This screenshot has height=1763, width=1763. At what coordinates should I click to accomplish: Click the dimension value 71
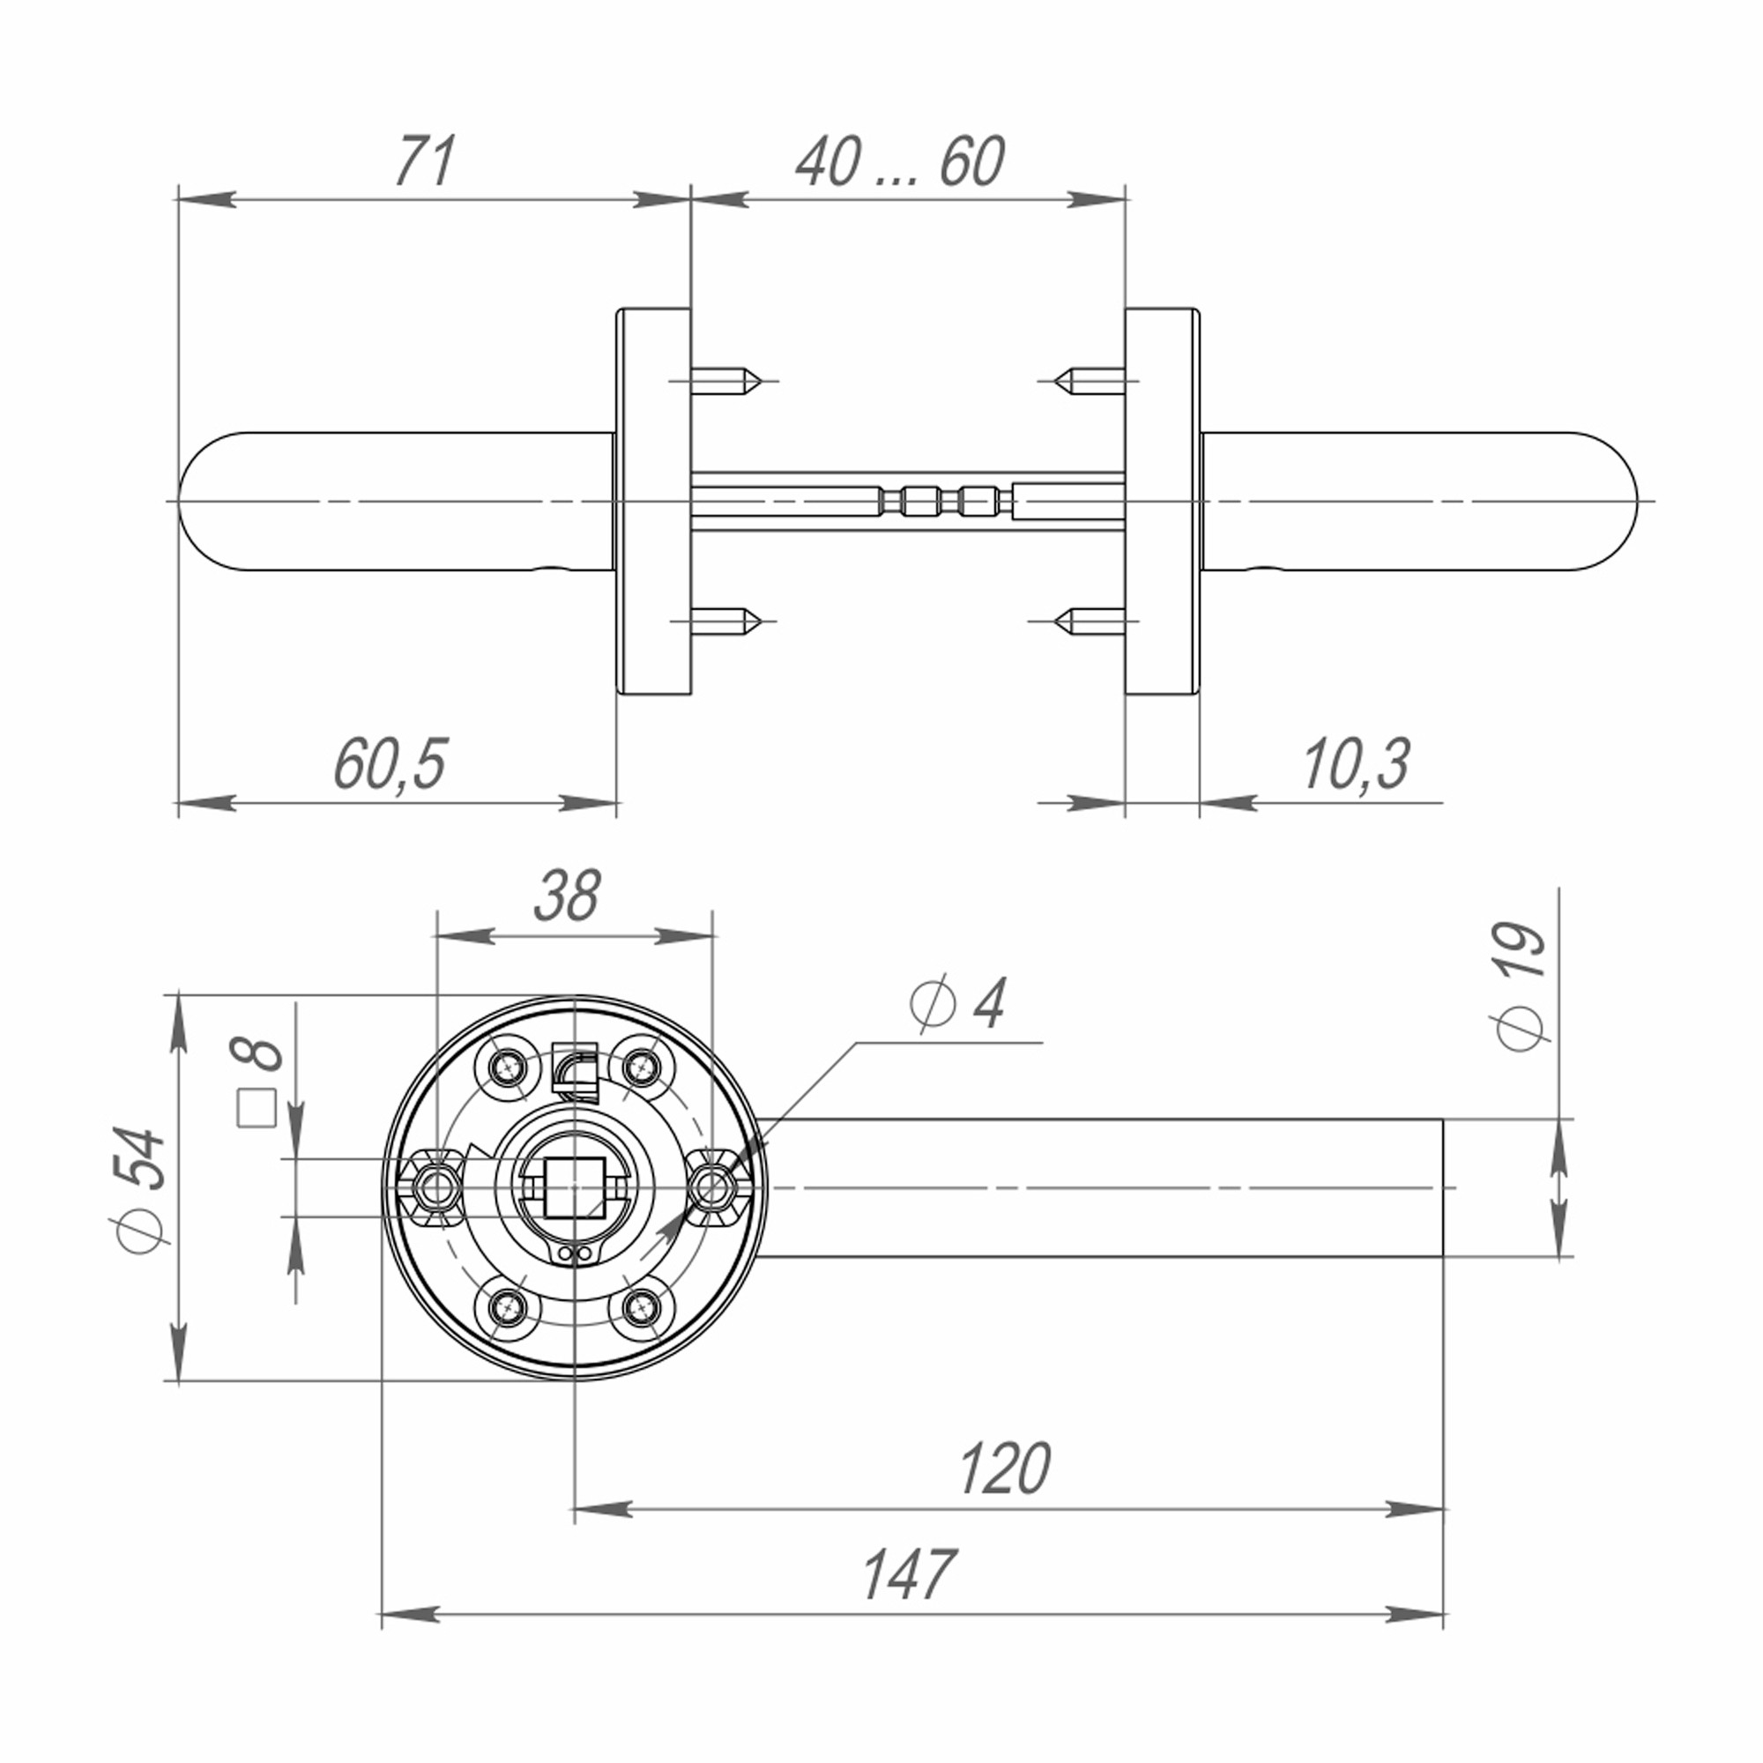(425, 162)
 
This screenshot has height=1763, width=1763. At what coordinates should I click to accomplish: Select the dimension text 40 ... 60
(900, 162)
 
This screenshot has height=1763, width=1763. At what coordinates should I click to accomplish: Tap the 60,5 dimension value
(390, 763)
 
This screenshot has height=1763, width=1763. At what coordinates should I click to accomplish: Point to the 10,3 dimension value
(1356, 763)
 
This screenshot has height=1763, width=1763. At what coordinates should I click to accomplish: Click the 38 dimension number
(568, 896)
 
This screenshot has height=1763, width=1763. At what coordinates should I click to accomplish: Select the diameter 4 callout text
(958, 1005)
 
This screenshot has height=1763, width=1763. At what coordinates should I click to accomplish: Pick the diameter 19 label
(1521, 987)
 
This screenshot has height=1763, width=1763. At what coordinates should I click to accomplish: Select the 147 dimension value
(909, 1575)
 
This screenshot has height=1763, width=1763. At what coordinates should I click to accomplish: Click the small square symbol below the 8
(257, 1109)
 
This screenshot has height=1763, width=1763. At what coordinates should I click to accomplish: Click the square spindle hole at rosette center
(575, 1186)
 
